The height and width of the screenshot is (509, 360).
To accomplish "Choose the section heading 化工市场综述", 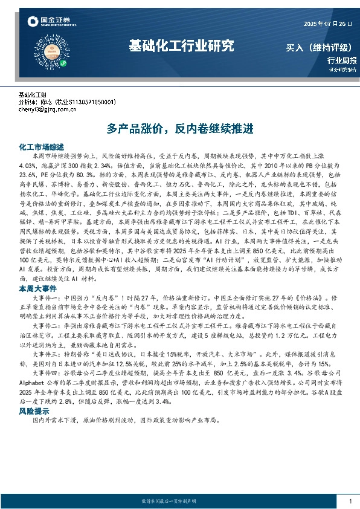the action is point(42,147).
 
